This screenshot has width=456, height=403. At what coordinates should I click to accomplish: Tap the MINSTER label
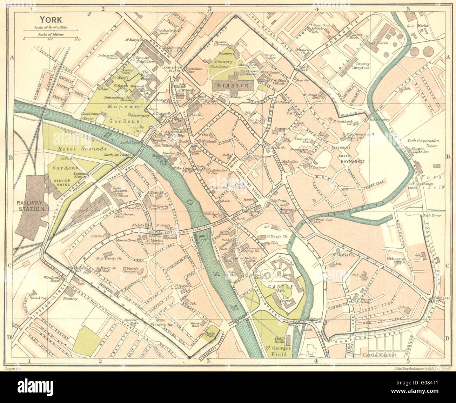point(233,85)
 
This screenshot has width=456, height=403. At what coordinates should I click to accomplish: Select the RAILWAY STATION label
point(32,206)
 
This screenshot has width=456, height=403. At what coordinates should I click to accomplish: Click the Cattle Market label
point(380,355)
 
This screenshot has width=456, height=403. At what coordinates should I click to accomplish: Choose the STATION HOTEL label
point(59,181)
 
